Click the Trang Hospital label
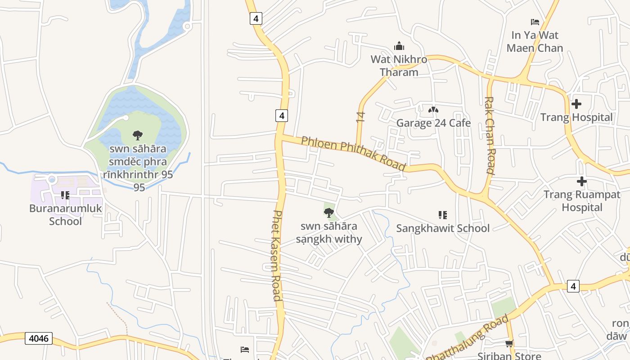click(576, 117)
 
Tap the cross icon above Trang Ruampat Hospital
click(581, 182)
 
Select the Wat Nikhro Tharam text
click(399, 66)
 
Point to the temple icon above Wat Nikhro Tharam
click(399, 46)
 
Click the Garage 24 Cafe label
click(433, 123)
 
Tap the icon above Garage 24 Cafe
click(433, 109)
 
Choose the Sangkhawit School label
click(443, 228)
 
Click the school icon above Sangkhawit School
click(442, 215)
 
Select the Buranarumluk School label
click(66, 215)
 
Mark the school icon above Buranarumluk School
click(65, 195)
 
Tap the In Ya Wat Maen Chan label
click(535, 41)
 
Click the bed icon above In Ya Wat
click(535, 22)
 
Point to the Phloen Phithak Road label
click(353, 153)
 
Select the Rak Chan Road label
click(490, 135)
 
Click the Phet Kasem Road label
click(277, 255)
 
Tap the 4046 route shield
click(39, 338)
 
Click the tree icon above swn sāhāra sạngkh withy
click(329, 213)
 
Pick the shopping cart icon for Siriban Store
click(509, 344)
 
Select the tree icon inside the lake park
click(138, 135)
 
